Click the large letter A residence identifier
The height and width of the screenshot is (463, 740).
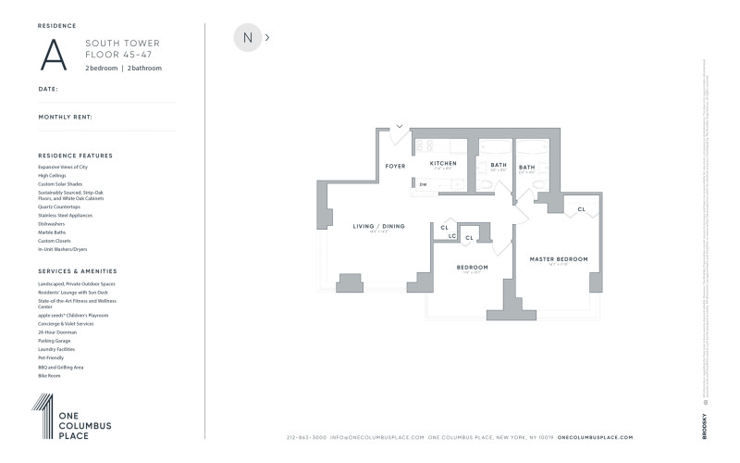point(55,55)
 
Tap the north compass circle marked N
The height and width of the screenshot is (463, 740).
point(247,38)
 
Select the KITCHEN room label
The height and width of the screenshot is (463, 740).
point(443,163)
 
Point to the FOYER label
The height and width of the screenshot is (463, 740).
point(396,167)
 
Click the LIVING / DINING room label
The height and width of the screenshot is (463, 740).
point(379,226)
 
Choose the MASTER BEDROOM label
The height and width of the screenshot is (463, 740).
point(558,259)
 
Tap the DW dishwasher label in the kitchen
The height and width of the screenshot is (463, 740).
point(423,184)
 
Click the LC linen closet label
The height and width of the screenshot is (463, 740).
point(452,236)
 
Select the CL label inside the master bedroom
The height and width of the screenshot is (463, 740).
point(581,209)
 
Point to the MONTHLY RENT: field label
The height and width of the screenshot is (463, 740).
point(65,117)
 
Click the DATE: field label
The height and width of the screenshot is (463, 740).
point(48,89)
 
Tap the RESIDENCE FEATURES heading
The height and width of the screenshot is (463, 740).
point(75,156)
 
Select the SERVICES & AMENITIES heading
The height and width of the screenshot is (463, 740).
point(77,270)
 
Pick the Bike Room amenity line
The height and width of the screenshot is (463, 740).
point(49,376)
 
